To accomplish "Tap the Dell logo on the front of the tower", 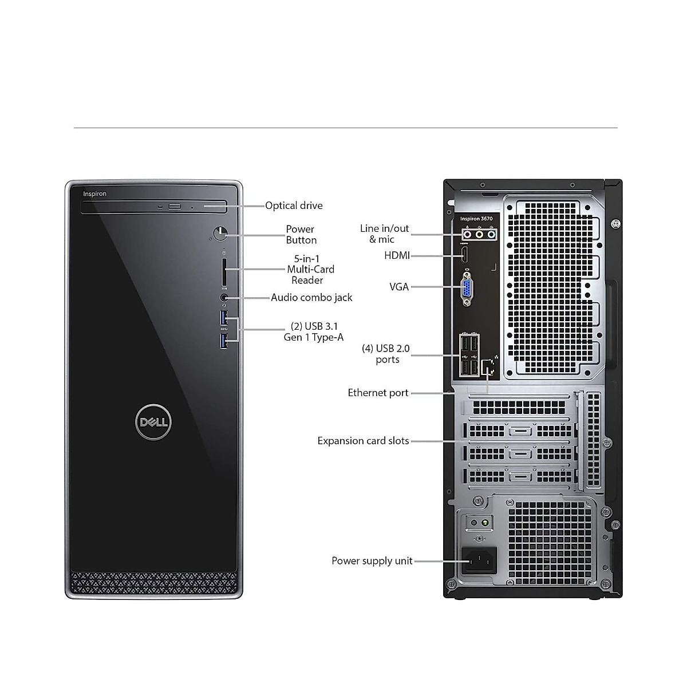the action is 153,423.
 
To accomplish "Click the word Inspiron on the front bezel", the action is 94,194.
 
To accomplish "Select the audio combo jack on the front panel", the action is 224,298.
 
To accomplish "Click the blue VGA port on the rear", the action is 467,288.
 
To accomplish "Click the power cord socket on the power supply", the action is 479,560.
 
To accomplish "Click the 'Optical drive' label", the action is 294,206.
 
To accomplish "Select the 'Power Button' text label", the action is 301,235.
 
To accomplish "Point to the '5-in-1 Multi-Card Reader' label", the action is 310,269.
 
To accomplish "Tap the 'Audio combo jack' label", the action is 311,298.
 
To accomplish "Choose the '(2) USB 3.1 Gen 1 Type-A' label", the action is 314,331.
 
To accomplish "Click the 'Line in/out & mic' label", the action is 384,234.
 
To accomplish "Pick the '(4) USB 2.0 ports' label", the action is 386,354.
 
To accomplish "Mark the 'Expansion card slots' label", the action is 363,441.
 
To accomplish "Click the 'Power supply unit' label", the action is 372,561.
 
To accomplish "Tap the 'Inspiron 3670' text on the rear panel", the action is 476,219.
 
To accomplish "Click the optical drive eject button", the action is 175,206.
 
